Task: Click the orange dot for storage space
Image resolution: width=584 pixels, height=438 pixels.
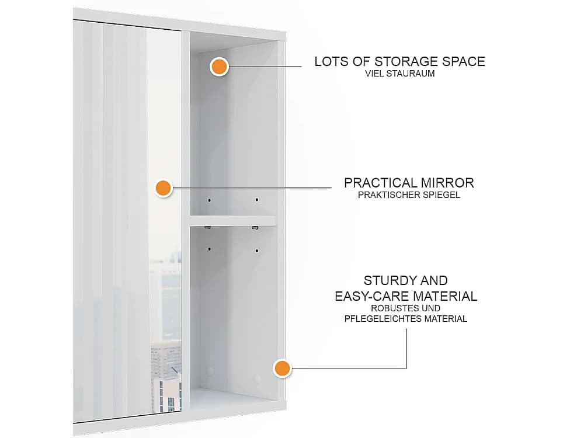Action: click(x=219, y=67)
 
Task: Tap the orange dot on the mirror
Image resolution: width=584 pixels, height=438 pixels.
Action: click(x=163, y=188)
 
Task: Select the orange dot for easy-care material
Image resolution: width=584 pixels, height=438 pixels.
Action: click(x=282, y=369)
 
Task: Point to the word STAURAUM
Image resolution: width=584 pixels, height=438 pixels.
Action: click(x=412, y=74)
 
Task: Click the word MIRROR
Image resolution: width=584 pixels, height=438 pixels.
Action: click(x=447, y=183)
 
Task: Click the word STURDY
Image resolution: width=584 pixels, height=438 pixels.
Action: click(x=385, y=280)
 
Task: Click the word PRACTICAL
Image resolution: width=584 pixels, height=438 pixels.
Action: click(x=380, y=183)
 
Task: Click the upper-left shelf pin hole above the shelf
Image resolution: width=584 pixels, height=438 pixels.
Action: click(x=209, y=200)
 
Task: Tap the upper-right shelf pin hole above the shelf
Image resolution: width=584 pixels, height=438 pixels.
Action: click(x=256, y=200)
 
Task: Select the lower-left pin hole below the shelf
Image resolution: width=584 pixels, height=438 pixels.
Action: click(x=209, y=249)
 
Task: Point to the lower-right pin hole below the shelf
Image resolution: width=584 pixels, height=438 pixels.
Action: click(x=256, y=251)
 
